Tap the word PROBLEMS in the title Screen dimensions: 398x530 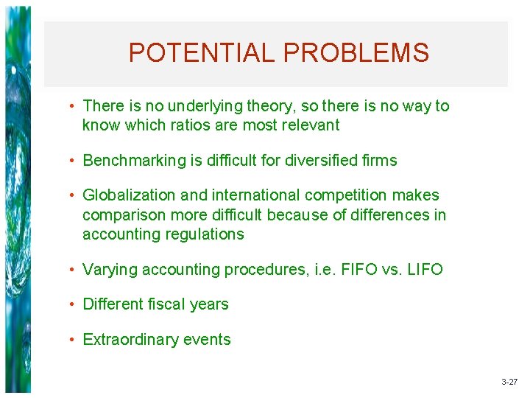pos(356,53)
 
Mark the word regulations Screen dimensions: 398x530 pos(207,234)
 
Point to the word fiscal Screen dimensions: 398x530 pos(167,304)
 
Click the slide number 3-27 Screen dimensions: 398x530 pos(509,383)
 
